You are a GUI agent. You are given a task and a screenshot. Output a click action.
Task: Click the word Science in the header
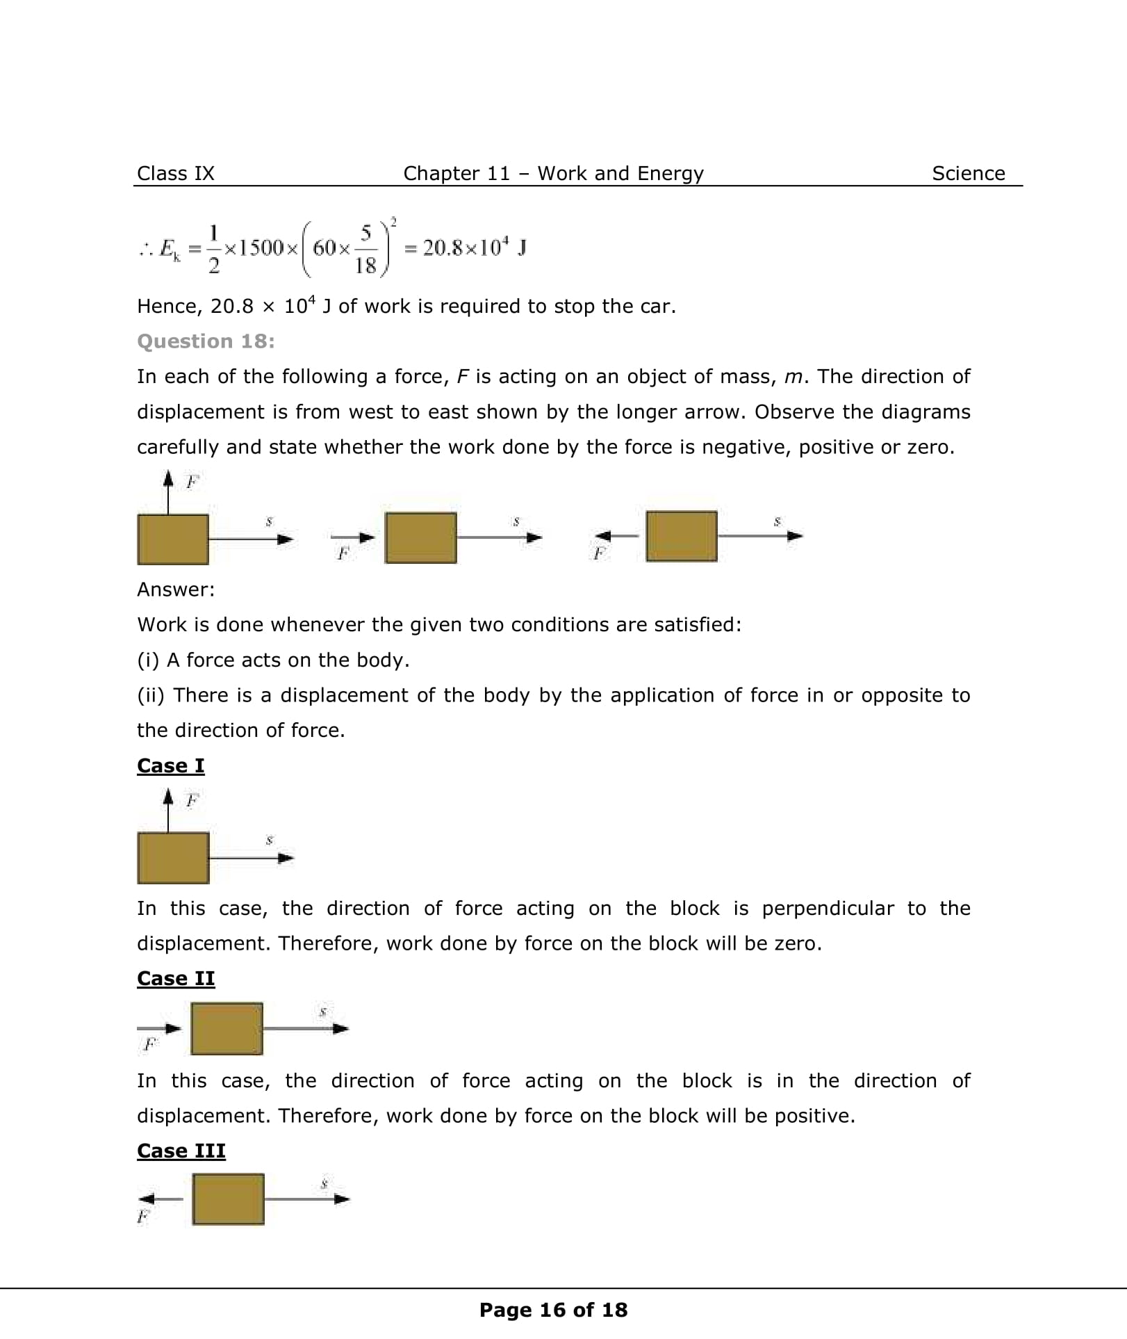(968, 173)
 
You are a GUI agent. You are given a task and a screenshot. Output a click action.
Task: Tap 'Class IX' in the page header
(175, 173)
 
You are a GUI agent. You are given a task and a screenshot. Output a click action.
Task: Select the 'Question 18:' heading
(206, 341)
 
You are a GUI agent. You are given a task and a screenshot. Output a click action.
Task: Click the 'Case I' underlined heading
(170, 765)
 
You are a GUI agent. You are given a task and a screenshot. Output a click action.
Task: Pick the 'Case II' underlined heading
(176, 978)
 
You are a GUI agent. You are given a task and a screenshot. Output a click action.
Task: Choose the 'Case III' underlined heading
(181, 1151)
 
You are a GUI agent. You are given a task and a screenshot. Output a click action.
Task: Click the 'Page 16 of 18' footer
(553, 1310)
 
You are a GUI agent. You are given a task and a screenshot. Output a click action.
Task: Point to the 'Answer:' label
(176, 590)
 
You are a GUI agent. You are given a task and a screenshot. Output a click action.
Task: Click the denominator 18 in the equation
(365, 265)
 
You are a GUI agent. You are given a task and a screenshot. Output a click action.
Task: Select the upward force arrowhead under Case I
(167, 796)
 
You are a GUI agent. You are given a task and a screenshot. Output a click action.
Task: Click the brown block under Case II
(227, 1028)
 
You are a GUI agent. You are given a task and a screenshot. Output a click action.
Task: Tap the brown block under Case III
(228, 1199)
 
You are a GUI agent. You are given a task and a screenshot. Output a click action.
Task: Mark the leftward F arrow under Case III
(160, 1199)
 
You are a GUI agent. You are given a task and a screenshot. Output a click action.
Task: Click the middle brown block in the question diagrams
(420, 537)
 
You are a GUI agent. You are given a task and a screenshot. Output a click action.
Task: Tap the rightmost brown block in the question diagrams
(681, 536)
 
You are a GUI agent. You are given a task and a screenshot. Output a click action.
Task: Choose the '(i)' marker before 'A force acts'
(148, 660)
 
